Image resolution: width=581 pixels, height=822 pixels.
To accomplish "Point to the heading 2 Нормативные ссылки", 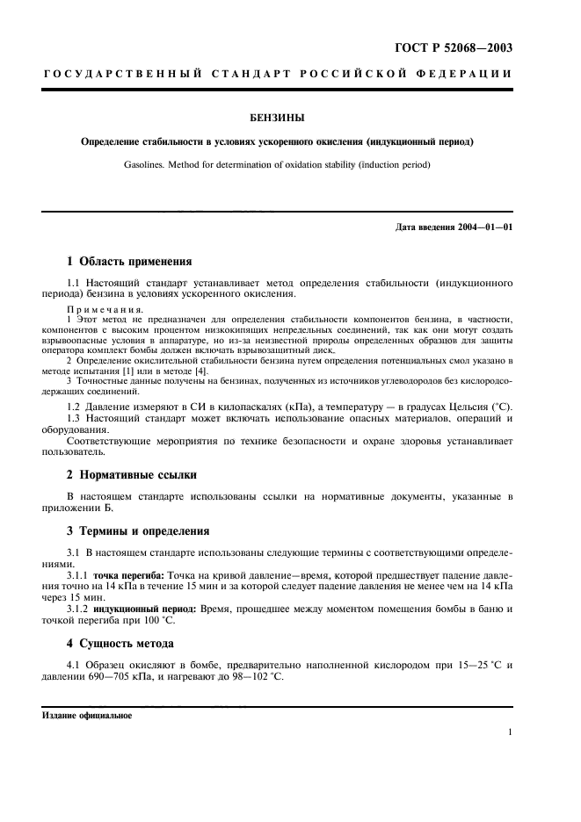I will [x=132, y=475].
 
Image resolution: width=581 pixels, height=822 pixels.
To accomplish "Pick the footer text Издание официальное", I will [x=87, y=715].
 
